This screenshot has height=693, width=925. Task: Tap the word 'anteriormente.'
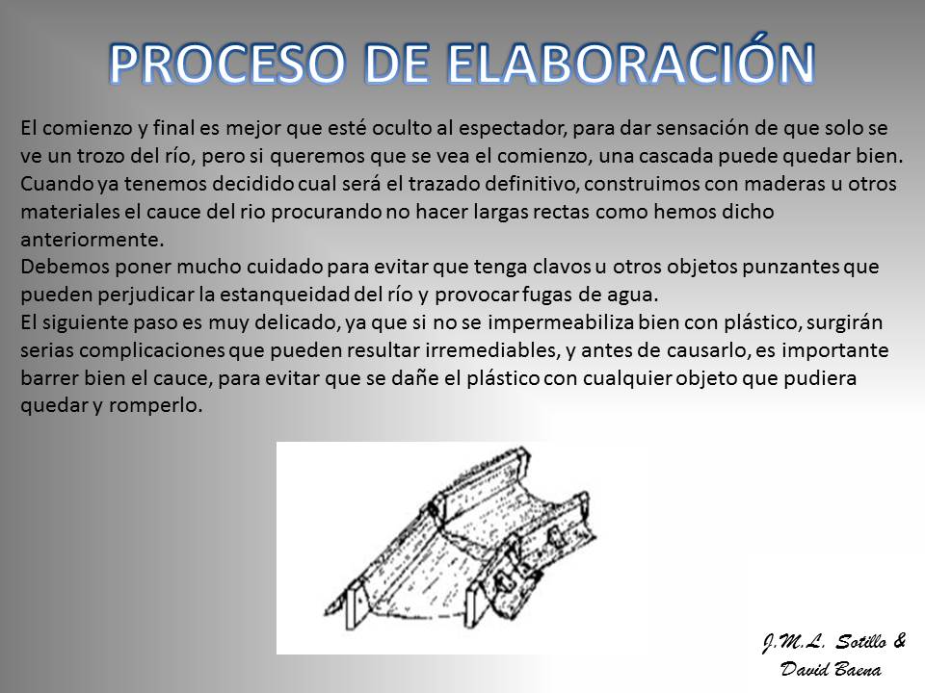coord(92,240)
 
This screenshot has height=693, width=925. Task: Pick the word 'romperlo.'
coord(155,406)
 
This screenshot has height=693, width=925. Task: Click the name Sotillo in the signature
coord(860,642)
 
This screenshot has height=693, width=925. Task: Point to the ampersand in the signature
coord(899,641)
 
